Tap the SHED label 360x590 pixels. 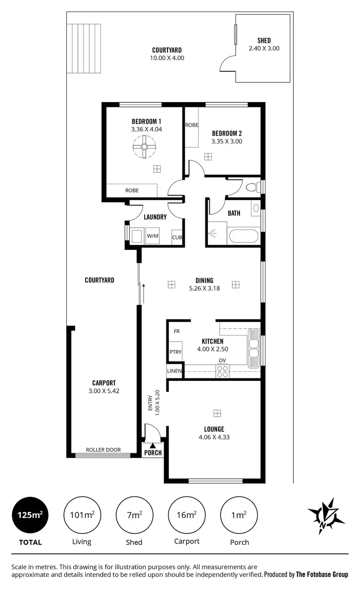tap(264, 41)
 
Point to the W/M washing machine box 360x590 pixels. tap(152, 236)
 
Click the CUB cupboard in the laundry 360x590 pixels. tap(177, 237)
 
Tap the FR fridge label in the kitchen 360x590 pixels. tap(177, 331)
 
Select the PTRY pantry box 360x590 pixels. tap(175, 352)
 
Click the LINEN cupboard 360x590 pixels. tap(174, 371)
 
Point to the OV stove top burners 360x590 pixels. tap(222, 371)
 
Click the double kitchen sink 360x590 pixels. tap(253, 346)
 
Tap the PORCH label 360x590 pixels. tap(153, 452)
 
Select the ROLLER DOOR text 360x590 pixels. tap(103, 450)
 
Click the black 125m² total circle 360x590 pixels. tap(30, 515)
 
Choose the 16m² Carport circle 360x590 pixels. tap(186, 515)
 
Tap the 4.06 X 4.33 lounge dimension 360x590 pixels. tap(214, 437)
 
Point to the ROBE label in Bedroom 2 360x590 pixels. tap(192, 125)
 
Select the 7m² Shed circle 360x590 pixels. tap(134, 515)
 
